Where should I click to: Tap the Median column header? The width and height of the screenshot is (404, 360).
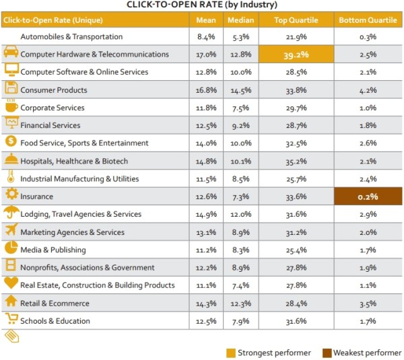[240, 20]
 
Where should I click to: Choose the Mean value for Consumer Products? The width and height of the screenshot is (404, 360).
[206, 90]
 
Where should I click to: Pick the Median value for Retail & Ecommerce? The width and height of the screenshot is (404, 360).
[240, 303]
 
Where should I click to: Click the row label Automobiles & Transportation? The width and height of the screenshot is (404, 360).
[71, 37]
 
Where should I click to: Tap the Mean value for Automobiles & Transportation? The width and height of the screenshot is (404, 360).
[206, 37]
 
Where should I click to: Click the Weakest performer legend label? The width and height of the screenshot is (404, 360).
[368, 352]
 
